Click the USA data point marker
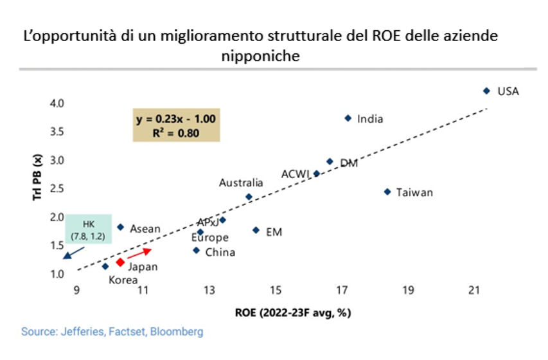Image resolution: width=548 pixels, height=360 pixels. pyautogui.click(x=486, y=91)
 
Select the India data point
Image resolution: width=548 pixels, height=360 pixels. pyautogui.click(x=348, y=118)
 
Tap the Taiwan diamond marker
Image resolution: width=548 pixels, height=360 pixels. pyautogui.click(x=387, y=192)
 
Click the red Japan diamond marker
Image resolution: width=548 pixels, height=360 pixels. pyautogui.click(x=120, y=262)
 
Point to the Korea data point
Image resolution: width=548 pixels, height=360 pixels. pyautogui.click(x=105, y=266)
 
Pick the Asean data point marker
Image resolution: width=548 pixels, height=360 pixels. pyautogui.click(x=120, y=227)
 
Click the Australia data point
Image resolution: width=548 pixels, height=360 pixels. pyautogui.click(x=249, y=197)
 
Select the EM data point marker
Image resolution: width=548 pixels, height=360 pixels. pyautogui.click(x=256, y=230)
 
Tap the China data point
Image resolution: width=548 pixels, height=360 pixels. pyautogui.click(x=196, y=250)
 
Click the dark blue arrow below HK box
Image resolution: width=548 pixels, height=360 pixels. pyautogui.click(x=71, y=252)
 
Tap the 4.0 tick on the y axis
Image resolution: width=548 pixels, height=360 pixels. pyautogui.click(x=57, y=103)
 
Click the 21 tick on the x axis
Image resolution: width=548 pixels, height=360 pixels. pyautogui.click(x=475, y=291)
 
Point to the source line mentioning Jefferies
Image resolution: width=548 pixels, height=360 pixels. pyautogui.click(x=112, y=332)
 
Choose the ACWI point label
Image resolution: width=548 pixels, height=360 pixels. pyautogui.click(x=296, y=174)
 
